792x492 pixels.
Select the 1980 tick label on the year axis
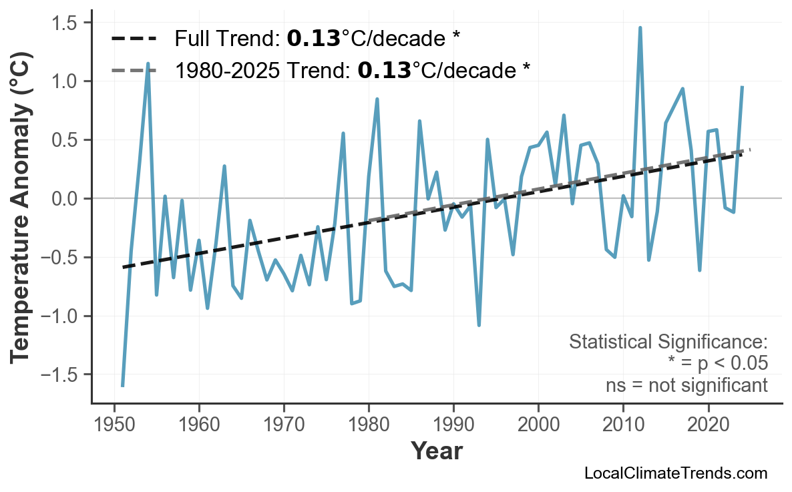pos(369,425)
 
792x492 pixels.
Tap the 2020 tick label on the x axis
pos(708,425)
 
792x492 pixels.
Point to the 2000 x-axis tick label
pos(538,425)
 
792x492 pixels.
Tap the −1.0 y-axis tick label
pos(61,316)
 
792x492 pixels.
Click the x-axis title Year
pos(436,452)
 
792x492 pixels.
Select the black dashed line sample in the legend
pos(134,39)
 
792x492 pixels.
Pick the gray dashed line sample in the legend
pos(134,69)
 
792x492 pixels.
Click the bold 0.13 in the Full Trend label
pos(313,39)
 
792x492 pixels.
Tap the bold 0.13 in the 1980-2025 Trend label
pos(384,69)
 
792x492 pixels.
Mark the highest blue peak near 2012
pos(640,28)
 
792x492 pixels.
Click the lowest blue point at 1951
pos(123,385)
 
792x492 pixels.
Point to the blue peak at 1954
pos(148,64)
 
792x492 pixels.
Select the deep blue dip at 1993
pos(479,324)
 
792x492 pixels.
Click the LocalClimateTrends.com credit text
pos(675,473)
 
